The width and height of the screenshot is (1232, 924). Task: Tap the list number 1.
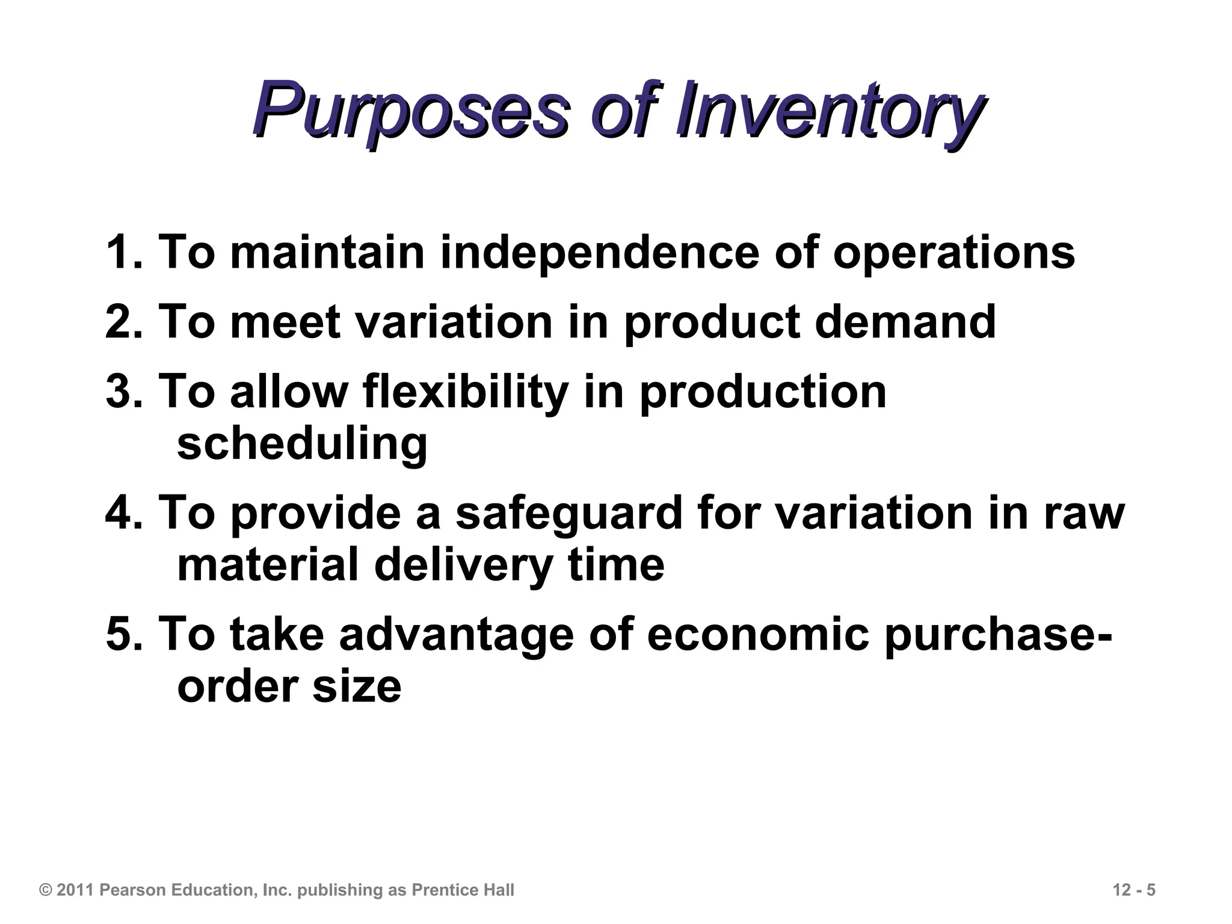point(121,252)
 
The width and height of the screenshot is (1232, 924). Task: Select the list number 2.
point(121,322)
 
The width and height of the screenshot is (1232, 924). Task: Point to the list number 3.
point(121,392)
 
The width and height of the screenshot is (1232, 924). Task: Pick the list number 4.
point(121,513)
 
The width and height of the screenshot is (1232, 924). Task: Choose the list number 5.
point(121,635)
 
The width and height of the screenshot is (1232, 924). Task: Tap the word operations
point(953,252)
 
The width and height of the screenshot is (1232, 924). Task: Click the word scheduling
point(302,445)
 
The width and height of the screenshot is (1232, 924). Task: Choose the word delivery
point(463,566)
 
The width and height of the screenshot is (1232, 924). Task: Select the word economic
point(758,635)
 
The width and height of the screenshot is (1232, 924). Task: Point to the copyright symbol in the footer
point(46,890)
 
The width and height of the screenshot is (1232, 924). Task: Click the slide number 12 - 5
point(1134,890)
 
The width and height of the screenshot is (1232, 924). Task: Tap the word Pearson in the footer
point(133,890)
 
